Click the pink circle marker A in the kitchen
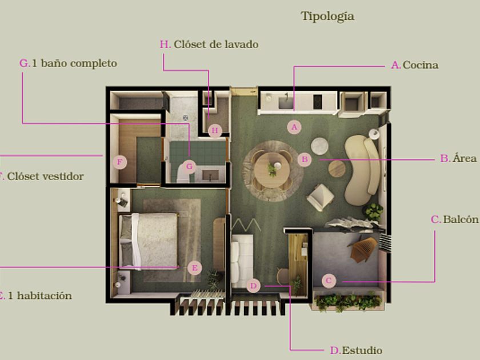point(294,126)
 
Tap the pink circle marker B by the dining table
point(305,160)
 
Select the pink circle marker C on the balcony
point(328,281)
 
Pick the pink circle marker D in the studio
point(254,285)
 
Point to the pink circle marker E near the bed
point(194,267)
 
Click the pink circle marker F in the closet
point(119,162)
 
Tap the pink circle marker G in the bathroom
point(190,167)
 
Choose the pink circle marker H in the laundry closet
point(214,131)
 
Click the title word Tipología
point(327,16)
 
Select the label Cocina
point(420,65)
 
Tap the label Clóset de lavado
point(216,44)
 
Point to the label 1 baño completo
point(74,63)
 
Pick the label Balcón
point(461,219)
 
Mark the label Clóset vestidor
point(45,176)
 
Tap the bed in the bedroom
point(150,241)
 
